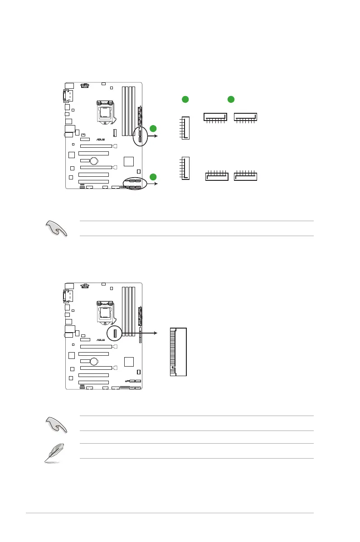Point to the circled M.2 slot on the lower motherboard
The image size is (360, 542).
coord(115,334)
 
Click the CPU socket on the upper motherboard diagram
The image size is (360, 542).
coord(105,111)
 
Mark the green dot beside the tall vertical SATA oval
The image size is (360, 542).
coord(153,128)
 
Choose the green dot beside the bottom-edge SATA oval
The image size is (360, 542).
coord(153,177)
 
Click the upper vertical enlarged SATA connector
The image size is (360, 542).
coord(185,128)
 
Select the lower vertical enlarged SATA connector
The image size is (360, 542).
coord(185,169)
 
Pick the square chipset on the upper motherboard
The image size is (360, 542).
coord(129,161)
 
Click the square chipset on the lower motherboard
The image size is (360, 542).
coord(129,362)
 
